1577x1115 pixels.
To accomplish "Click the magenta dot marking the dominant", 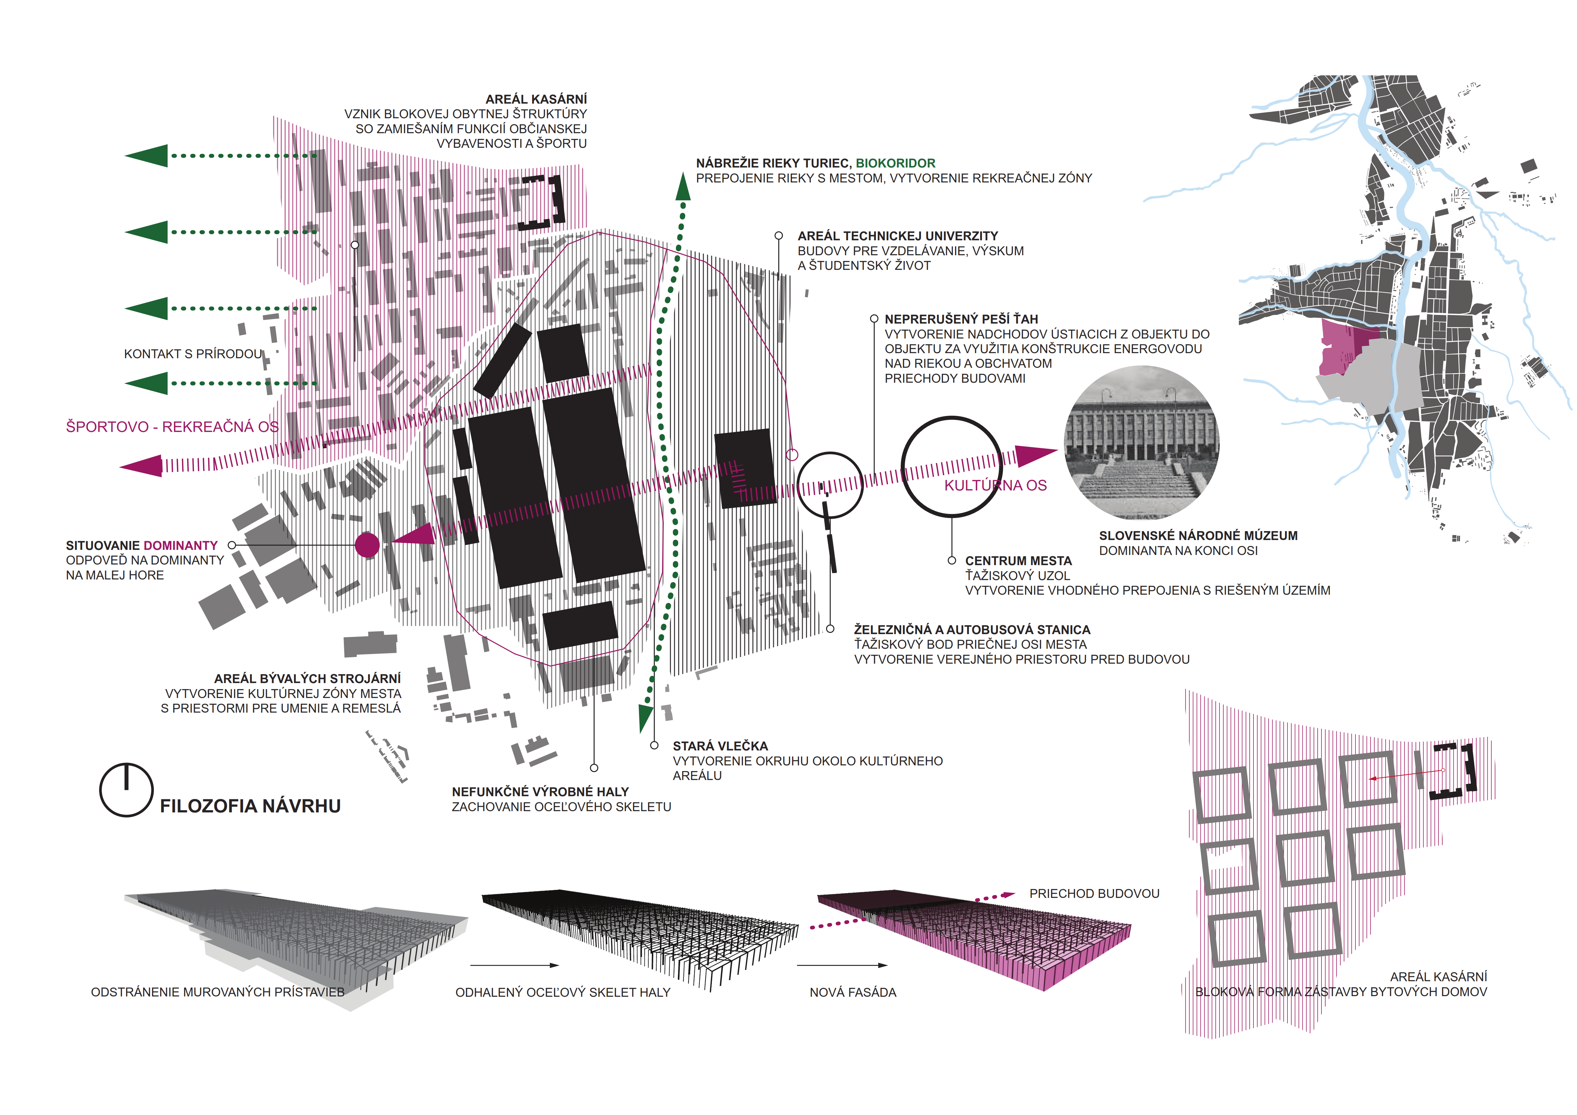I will [x=367, y=545].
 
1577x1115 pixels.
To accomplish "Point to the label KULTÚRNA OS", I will [x=995, y=486].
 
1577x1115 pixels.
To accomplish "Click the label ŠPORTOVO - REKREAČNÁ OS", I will [x=172, y=427].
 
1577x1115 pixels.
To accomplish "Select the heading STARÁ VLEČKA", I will [x=720, y=746].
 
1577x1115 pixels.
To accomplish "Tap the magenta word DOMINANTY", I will [x=181, y=545].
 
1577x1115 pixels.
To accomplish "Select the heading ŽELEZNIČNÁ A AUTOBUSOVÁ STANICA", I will [x=972, y=630].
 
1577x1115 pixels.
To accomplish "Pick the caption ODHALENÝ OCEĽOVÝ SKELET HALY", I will [x=563, y=993].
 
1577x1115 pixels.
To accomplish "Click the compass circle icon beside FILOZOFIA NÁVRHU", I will [x=126, y=790].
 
